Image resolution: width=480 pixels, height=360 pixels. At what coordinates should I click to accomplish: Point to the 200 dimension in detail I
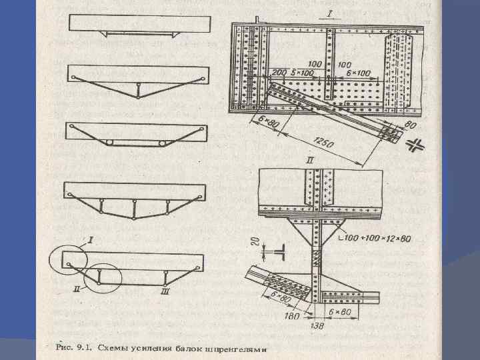tap(280, 72)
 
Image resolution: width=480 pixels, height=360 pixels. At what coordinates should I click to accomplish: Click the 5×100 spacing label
tap(303, 72)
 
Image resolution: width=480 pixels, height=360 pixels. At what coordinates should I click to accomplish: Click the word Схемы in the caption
tap(117, 346)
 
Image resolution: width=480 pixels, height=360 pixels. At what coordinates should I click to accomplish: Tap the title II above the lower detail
tap(309, 161)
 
